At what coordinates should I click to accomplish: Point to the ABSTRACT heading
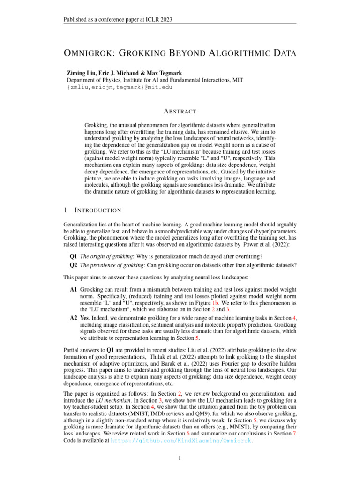180,112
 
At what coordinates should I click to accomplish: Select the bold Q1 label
74,256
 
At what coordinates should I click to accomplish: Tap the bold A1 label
74,290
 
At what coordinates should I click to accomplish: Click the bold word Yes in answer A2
86,318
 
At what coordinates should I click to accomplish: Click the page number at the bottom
180,458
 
